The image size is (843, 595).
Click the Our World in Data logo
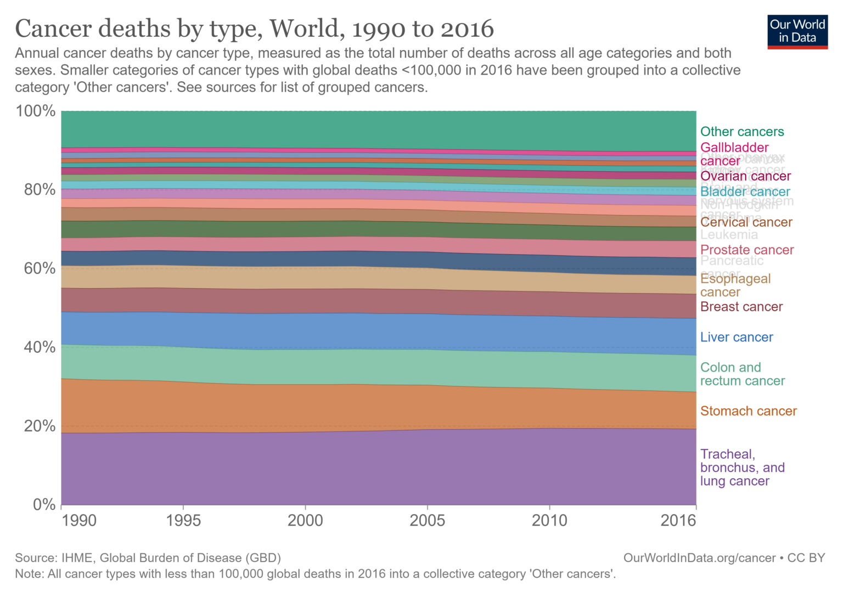797,32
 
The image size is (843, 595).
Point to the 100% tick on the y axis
36,111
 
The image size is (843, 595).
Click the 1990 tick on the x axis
79,520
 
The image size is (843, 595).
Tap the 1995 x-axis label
183,520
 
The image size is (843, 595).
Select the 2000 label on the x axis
305,520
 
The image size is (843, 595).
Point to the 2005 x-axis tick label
427,520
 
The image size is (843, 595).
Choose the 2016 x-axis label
678,520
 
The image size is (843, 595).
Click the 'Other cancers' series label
742,132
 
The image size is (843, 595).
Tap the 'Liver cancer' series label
737,338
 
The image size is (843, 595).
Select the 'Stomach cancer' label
749,411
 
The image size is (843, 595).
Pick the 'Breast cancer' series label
741,307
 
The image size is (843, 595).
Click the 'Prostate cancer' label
747,250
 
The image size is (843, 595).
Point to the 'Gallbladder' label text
734,148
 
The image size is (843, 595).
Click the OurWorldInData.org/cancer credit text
699,558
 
